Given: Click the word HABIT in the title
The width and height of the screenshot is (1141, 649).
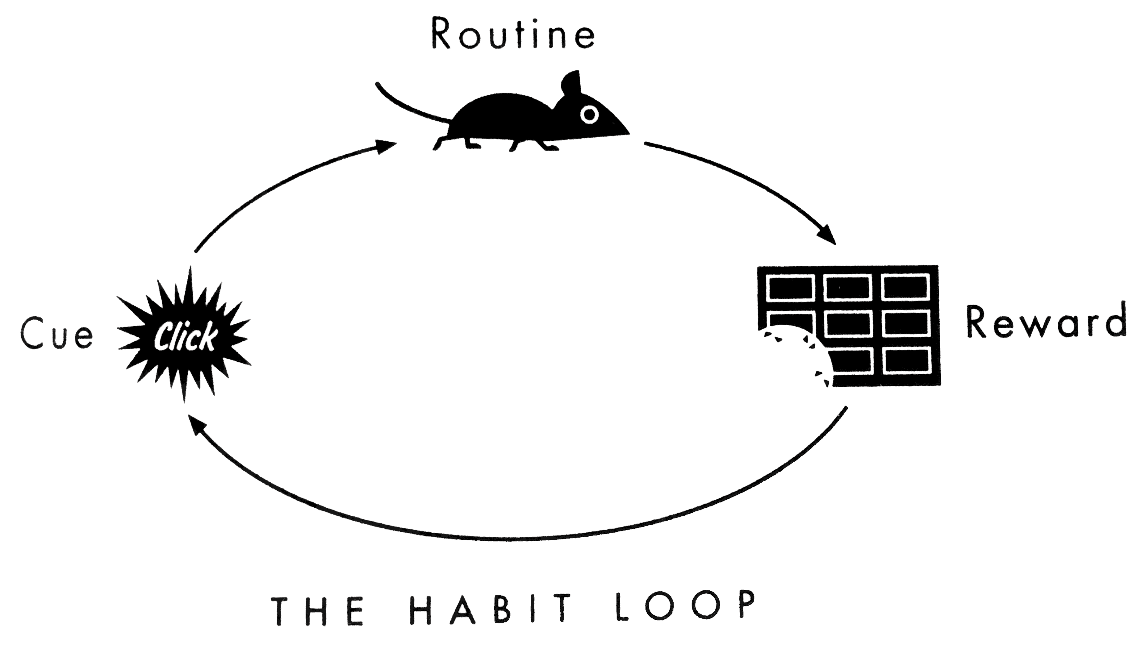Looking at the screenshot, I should tap(491, 609).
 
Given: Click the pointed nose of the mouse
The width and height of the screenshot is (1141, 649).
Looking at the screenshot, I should tap(626, 132).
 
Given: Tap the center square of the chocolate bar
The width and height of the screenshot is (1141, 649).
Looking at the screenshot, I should tap(849, 324).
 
